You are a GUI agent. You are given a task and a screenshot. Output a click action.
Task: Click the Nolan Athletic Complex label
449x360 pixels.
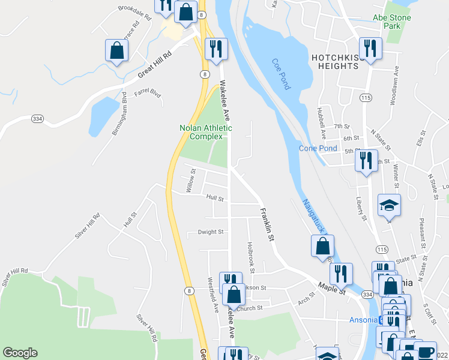pos(205,132)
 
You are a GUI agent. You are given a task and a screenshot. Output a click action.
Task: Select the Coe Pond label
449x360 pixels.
pos(281,74)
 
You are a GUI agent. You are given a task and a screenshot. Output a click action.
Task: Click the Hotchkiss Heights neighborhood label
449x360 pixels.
pos(335,62)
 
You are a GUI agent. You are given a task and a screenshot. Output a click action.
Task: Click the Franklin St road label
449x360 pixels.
pos(267,224)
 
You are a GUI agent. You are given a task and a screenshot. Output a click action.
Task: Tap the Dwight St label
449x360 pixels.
pos(211,232)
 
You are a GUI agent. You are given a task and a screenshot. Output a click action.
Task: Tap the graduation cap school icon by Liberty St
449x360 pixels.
pos(389,205)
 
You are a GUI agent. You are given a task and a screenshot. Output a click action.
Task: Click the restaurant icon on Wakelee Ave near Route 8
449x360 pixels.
pos(215,49)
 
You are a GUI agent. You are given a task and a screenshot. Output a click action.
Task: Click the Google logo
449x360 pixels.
pos(20,353)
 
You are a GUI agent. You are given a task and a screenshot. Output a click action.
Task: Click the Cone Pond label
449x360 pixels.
pos(318,148)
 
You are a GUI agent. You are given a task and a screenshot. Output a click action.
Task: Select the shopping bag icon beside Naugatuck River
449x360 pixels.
pos(322,245)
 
